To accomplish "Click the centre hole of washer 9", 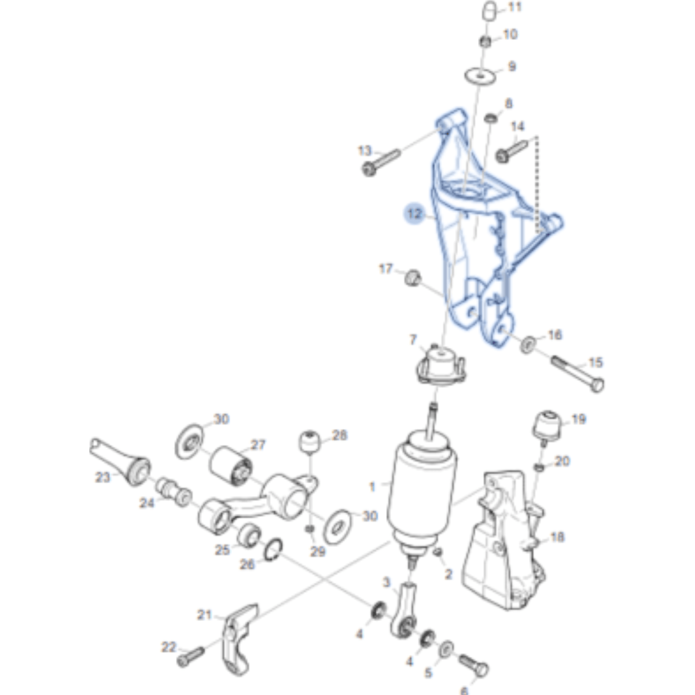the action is (480, 76).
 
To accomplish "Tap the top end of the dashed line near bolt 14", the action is (536, 137).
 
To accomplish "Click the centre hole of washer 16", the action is (527, 345).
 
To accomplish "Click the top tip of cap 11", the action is (490, 3).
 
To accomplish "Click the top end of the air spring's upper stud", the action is (434, 404).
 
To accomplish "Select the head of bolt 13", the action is (369, 170).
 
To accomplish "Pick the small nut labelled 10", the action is (486, 42).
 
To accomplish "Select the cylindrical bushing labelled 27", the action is (230, 466).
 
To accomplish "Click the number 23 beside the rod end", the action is (103, 477).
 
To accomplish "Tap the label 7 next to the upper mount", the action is (413, 339).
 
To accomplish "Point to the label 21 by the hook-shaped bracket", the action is (204, 615).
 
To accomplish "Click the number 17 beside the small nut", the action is (385, 269).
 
